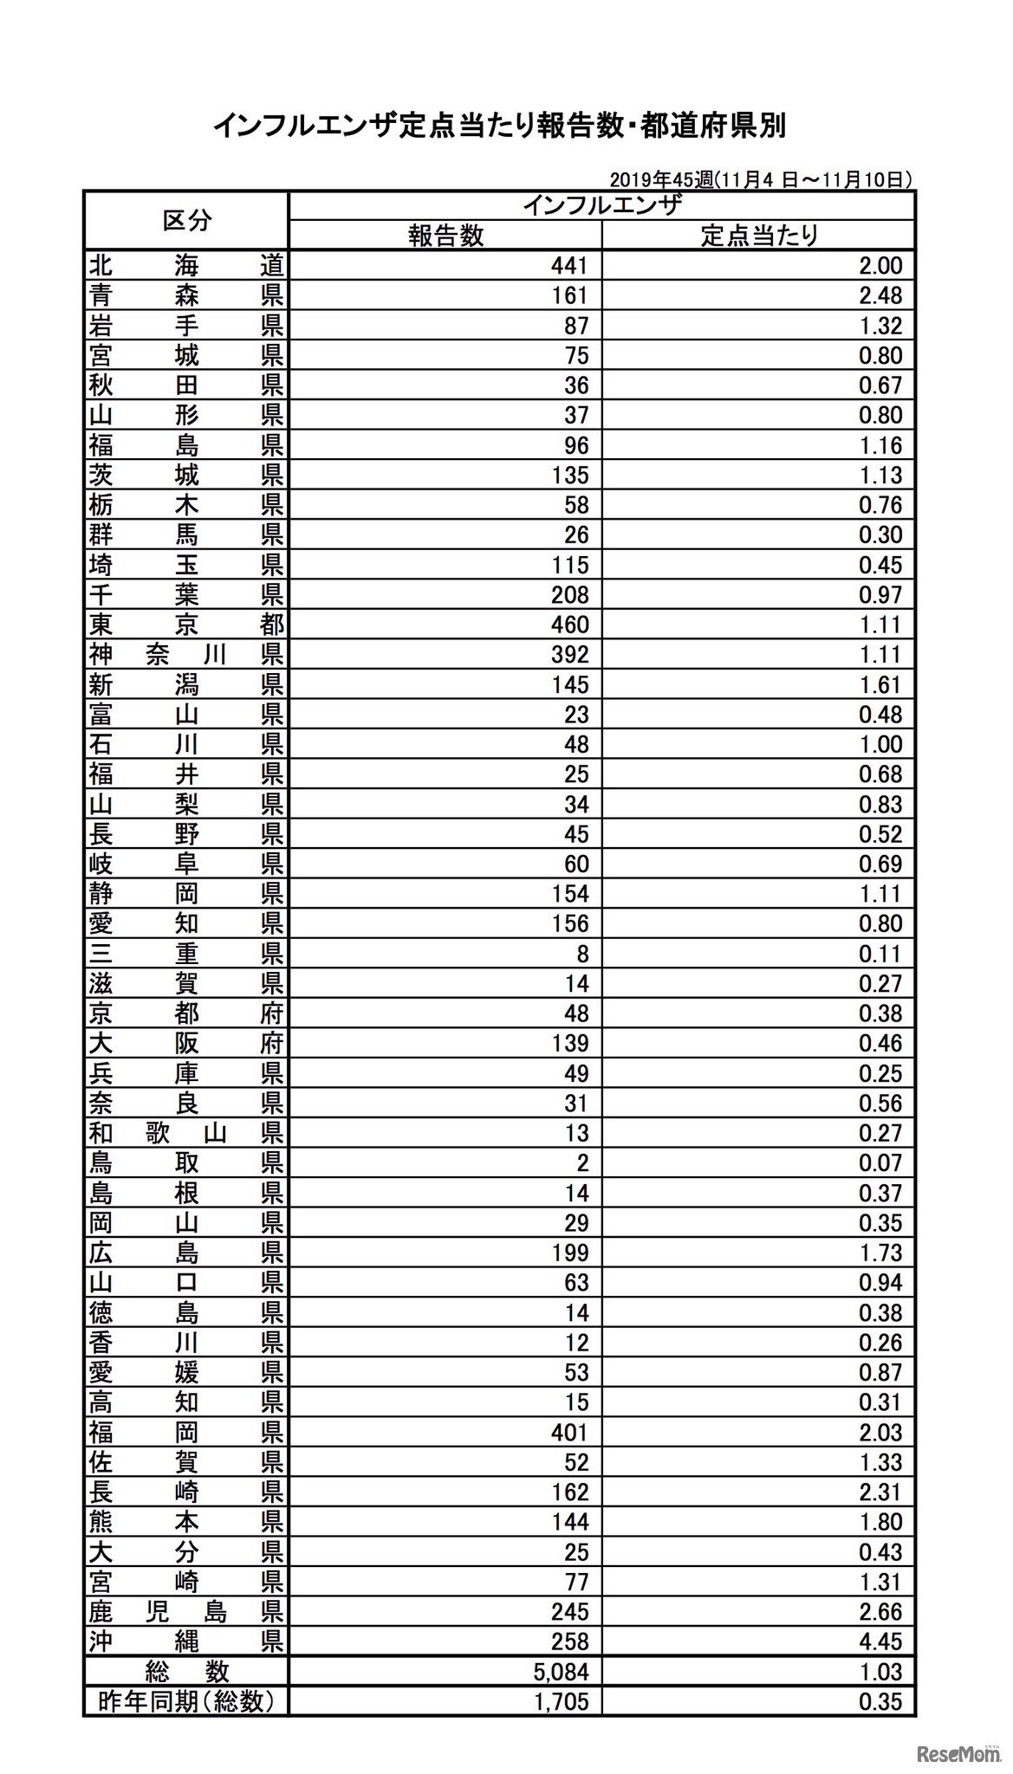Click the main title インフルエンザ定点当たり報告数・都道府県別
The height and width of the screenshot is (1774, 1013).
(x=499, y=127)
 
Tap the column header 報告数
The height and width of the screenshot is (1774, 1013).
(x=445, y=236)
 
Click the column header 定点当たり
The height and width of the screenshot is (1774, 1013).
(x=759, y=236)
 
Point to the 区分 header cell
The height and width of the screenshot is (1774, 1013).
(x=186, y=220)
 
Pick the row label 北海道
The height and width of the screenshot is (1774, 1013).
(x=186, y=266)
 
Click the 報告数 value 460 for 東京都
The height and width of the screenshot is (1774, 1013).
(x=569, y=625)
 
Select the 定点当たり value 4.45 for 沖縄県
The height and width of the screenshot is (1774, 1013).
(x=880, y=1641)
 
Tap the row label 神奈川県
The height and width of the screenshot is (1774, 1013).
(x=186, y=655)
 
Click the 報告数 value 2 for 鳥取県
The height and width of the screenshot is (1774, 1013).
(x=582, y=1163)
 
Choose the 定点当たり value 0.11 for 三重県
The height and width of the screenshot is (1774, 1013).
(x=880, y=954)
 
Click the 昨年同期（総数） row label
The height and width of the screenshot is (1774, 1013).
(x=186, y=1701)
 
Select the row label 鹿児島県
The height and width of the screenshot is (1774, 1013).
(x=186, y=1612)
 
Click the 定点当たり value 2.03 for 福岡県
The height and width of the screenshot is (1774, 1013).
(x=880, y=1433)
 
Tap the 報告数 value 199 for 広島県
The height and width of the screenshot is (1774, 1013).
(x=569, y=1253)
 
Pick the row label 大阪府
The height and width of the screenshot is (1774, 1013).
(x=186, y=1044)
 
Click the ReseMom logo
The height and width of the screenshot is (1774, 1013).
(x=958, y=1752)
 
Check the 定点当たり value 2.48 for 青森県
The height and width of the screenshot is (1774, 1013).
(x=880, y=295)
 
